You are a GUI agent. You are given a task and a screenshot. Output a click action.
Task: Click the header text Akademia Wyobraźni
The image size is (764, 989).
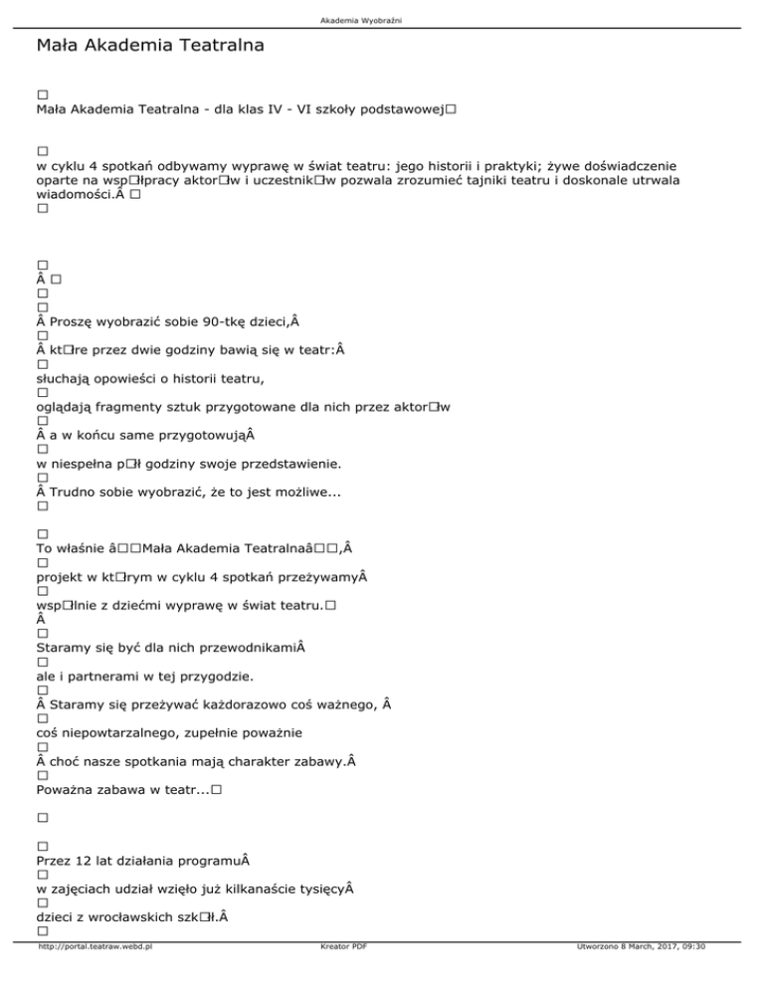coord(382,19)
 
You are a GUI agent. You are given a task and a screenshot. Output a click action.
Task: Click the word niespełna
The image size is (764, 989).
coord(91,463)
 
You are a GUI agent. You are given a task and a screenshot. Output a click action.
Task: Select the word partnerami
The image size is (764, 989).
coord(115,678)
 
